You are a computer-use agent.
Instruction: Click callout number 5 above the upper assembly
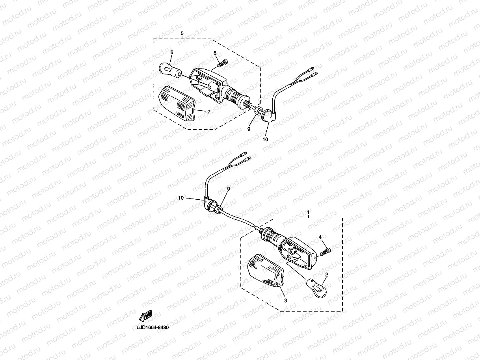tap(182, 33)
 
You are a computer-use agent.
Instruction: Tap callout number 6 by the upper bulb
tap(171, 52)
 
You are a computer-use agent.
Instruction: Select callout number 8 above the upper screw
tap(215, 53)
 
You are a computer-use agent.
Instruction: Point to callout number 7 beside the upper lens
tap(208, 111)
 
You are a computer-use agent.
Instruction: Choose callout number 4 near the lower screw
tap(320, 237)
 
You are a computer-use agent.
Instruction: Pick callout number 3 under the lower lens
tap(285, 301)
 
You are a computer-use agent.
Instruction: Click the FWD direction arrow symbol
tap(145, 315)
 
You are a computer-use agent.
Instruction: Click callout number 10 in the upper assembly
tap(265, 139)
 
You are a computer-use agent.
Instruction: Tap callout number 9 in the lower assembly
tap(228, 189)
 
